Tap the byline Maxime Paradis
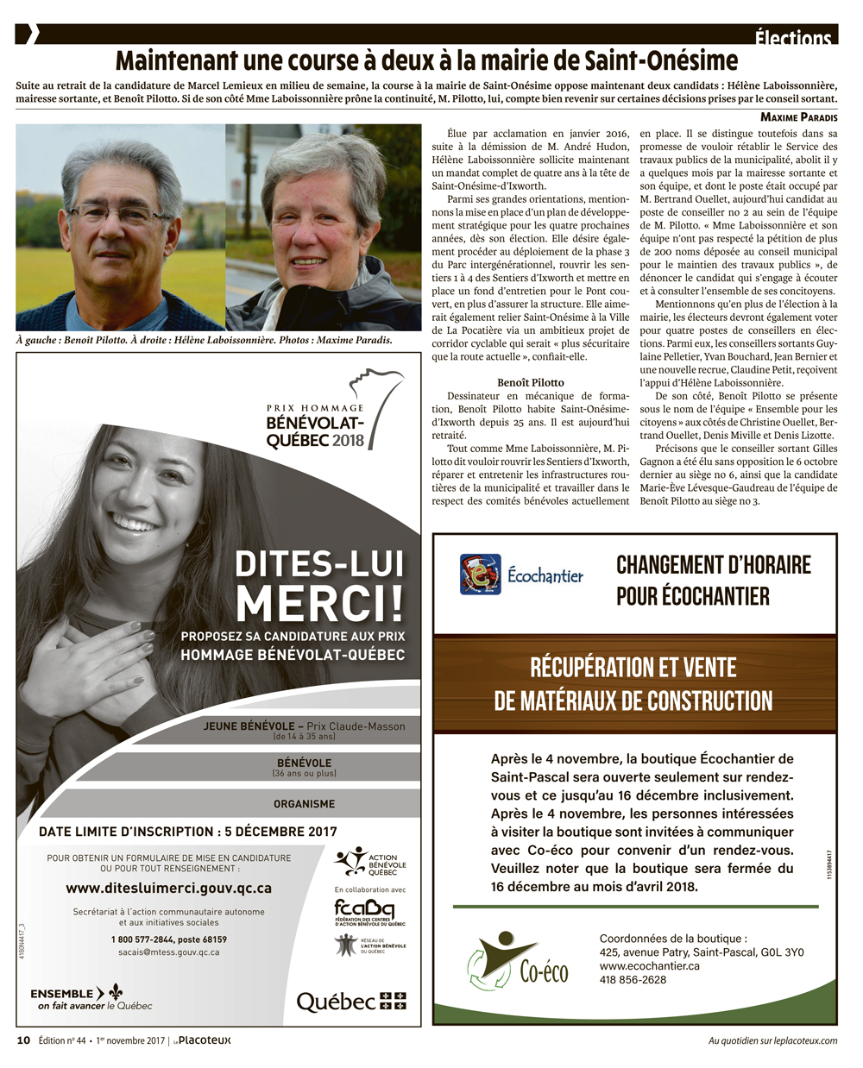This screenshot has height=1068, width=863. [798, 116]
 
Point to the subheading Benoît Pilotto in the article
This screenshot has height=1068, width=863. [531, 382]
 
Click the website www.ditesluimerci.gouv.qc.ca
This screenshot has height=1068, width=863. [169, 888]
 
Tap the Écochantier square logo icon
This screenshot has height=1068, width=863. [480, 574]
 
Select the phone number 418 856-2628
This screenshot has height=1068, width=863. [633, 979]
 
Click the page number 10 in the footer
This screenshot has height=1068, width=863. [23, 1040]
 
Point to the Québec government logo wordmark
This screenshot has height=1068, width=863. [337, 1002]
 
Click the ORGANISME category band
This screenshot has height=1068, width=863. [304, 803]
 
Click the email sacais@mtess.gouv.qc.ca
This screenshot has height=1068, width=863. [169, 952]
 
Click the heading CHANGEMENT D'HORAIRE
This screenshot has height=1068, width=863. [714, 565]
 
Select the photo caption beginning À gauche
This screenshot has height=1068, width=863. [205, 340]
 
